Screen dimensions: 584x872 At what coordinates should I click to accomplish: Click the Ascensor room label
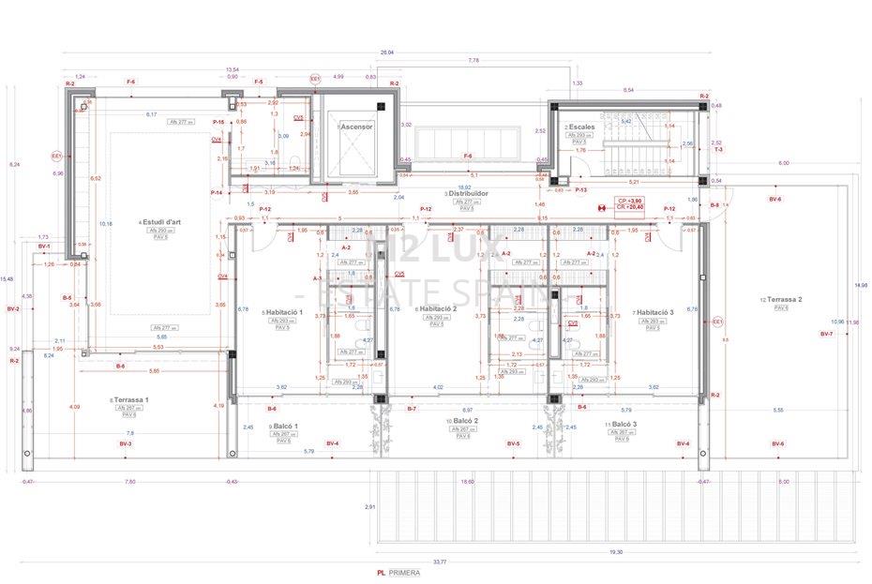[356, 126]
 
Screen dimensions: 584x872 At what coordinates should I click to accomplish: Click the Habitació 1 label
[284, 311]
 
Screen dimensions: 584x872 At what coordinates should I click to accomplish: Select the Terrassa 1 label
[130, 399]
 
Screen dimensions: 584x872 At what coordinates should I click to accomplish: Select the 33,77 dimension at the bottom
[438, 562]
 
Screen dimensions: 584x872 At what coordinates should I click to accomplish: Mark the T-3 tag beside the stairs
[717, 150]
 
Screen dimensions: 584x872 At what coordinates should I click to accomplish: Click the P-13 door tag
[580, 189]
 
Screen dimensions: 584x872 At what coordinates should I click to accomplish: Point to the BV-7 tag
[826, 334]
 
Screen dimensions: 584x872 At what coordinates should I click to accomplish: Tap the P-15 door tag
[218, 122]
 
